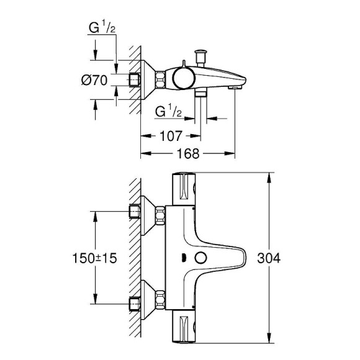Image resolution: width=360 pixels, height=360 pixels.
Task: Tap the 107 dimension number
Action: [171, 133]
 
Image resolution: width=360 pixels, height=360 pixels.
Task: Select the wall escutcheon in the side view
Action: [148, 80]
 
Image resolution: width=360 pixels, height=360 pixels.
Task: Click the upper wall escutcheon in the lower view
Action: [148, 213]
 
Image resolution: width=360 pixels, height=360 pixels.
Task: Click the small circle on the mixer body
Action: [200, 258]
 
